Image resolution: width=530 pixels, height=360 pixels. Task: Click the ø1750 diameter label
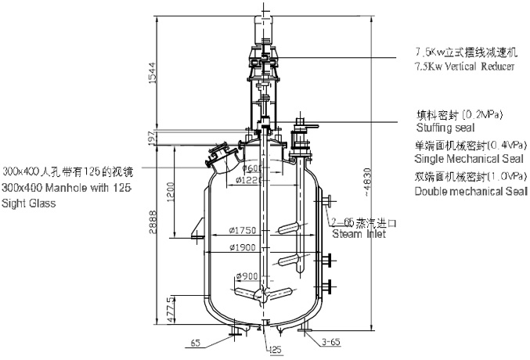click(244, 230)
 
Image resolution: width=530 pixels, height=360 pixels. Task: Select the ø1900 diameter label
click(245, 248)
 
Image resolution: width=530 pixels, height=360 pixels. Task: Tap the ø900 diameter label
click(246, 277)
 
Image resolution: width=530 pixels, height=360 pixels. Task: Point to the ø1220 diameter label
click(249, 181)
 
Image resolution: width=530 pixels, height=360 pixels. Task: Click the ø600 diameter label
click(251, 168)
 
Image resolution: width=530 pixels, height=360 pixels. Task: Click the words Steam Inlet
click(359, 233)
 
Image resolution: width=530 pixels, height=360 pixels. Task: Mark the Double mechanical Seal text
click(471, 191)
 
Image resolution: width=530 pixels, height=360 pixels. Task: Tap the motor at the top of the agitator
click(263, 27)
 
